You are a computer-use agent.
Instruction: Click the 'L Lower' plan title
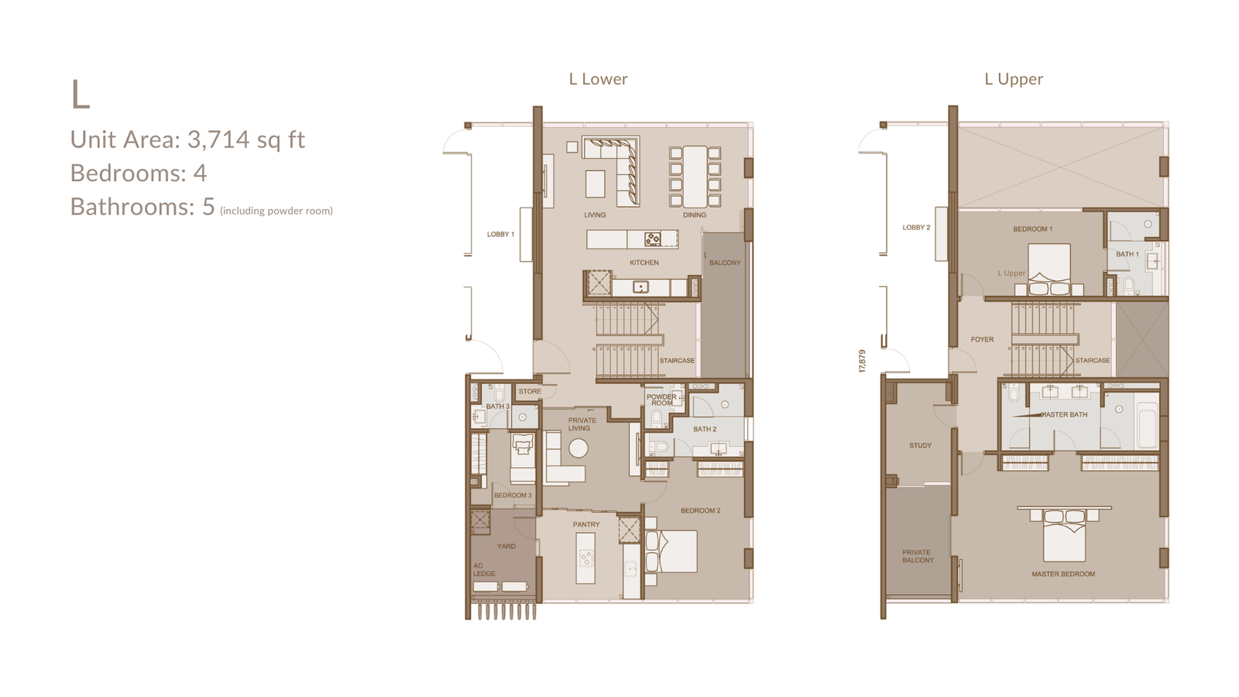(x=598, y=79)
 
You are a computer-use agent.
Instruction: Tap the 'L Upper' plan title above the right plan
(x=1014, y=79)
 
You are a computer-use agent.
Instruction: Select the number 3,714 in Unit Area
(x=218, y=139)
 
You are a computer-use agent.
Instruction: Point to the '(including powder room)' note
(x=276, y=211)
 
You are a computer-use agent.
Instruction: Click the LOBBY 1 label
(x=500, y=235)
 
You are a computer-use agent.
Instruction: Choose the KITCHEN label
(x=644, y=263)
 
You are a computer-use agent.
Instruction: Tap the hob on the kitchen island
(x=653, y=239)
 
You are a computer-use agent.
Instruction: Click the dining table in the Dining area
(x=695, y=176)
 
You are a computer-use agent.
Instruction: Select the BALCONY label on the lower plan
(x=725, y=263)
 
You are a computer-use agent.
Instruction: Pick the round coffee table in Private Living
(x=578, y=448)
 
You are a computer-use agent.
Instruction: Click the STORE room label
(x=530, y=392)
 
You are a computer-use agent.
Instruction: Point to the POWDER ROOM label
(x=661, y=400)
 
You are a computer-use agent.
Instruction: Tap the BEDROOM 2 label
(x=700, y=510)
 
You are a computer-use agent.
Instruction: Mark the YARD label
(x=506, y=547)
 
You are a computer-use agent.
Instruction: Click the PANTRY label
(x=586, y=524)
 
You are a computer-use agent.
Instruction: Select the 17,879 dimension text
(x=862, y=361)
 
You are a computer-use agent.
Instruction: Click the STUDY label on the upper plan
(x=921, y=445)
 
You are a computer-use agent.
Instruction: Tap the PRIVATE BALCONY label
(x=918, y=557)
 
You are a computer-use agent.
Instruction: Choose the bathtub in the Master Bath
(x=1146, y=421)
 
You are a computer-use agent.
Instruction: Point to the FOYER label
(x=983, y=340)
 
